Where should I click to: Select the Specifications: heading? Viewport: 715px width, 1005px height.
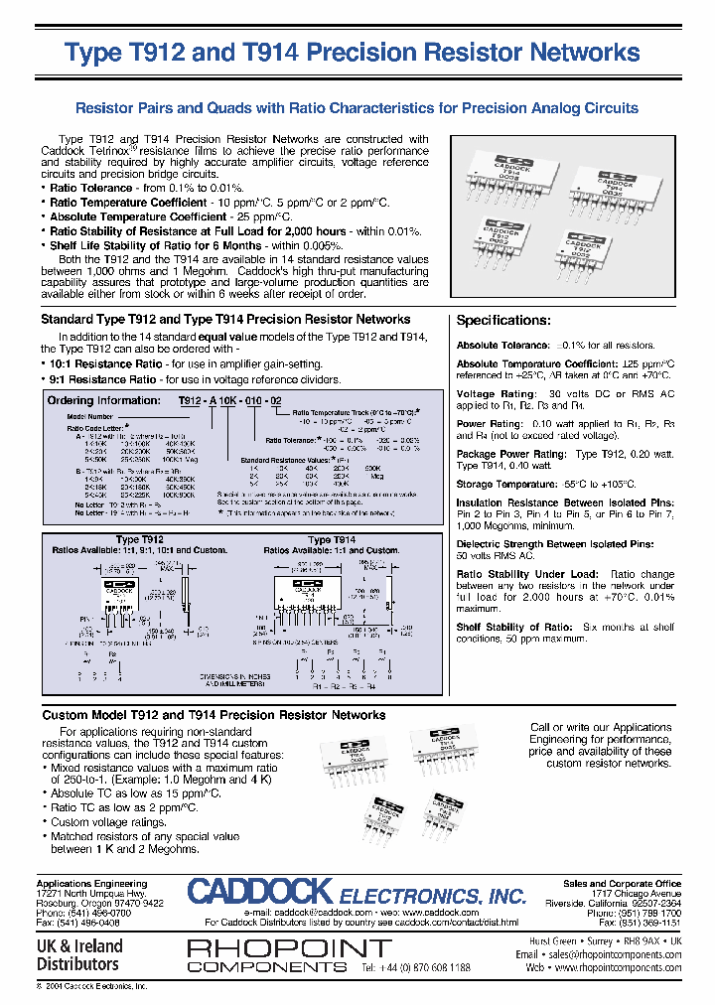tap(502, 321)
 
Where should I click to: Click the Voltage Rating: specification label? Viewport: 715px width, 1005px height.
tap(494, 394)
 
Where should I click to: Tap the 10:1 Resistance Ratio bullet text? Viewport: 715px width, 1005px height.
tap(103, 364)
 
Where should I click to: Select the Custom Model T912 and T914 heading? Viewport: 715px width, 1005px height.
tap(214, 715)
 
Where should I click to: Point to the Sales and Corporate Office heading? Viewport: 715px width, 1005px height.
tap(622, 883)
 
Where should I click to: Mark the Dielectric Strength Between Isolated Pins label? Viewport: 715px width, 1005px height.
tap(555, 544)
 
